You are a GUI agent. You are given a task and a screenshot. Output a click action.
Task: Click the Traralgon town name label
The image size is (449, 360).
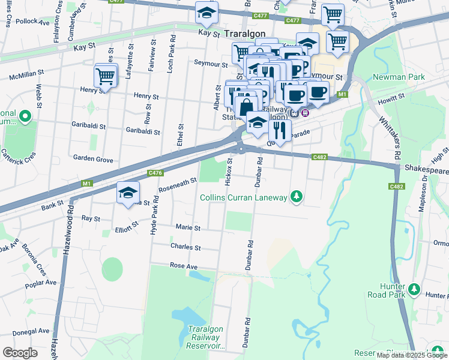[245, 34]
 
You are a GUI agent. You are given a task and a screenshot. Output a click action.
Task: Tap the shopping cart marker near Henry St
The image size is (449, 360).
[106, 76]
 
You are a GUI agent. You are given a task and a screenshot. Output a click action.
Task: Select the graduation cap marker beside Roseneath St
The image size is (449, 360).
[128, 193]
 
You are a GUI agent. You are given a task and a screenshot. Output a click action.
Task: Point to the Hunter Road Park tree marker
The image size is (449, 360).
[414, 290]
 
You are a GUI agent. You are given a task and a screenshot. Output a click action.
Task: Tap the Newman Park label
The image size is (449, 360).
[399, 77]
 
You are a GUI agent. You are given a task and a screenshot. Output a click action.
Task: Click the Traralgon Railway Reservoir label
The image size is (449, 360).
[206, 338]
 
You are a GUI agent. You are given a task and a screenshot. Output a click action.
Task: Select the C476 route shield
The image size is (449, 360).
[155, 173]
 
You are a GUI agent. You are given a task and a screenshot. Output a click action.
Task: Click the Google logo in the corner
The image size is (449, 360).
[20, 353]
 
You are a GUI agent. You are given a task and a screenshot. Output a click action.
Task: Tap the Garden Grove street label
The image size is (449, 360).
[93, 159]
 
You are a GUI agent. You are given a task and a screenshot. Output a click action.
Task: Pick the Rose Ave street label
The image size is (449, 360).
[184, 265]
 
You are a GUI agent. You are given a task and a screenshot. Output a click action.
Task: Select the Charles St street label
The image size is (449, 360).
[185, 247]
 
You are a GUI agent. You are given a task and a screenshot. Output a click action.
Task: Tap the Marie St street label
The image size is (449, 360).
[188, 227]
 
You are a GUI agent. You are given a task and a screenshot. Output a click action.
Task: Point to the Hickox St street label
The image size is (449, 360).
[229, 172]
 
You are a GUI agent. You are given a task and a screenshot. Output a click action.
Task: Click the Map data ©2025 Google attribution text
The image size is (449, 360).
[412, 355]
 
